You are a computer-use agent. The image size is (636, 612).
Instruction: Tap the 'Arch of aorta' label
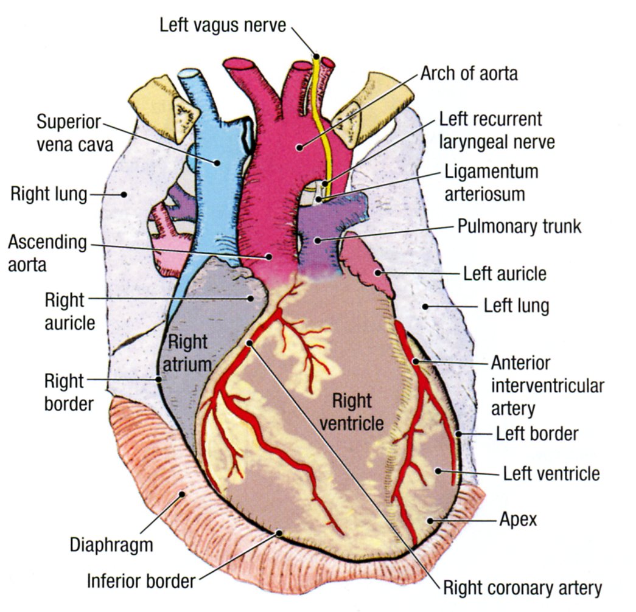(469, 74)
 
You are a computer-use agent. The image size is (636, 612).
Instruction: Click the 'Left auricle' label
(505, 273)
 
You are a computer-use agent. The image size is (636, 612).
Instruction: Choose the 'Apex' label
(518, 519)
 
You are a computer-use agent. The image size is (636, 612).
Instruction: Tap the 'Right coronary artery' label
(522, 588)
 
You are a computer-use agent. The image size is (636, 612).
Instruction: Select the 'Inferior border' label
(141, 580)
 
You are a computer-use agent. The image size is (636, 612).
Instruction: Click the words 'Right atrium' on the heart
(189, 353)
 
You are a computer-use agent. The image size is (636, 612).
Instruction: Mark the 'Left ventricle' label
(551, 473)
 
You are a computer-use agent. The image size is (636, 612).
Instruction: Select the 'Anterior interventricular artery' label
(547, 385)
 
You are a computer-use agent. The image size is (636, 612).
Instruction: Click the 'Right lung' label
(49, 195)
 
